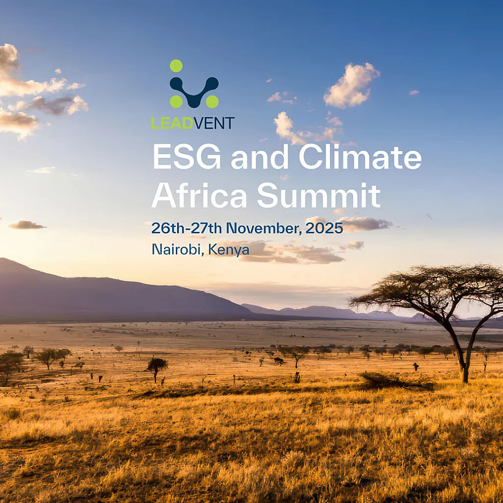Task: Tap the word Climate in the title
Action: coord(360,157)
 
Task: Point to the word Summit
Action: coord(318,196)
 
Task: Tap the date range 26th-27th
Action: coord(186,228)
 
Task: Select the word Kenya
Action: coord(229,249)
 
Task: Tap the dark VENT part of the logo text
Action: coord(214,123)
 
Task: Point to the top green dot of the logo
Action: coord(176,65)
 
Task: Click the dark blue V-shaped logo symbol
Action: coord(194,91)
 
